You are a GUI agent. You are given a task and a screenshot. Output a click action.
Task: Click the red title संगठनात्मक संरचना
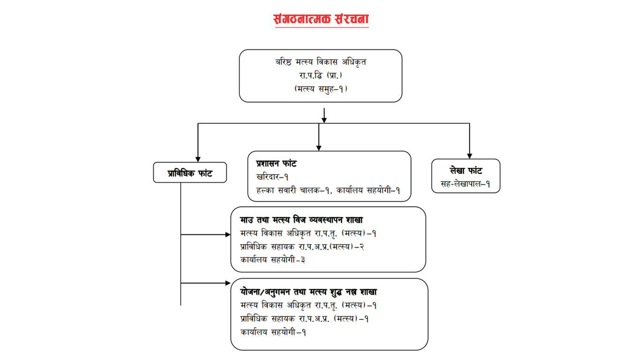point(321,19)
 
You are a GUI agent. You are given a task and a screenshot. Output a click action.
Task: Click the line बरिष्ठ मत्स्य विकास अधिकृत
point(320,62)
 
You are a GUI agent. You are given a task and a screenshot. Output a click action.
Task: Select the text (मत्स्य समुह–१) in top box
point(320,88)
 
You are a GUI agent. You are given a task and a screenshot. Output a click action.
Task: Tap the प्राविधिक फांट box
point(190,173)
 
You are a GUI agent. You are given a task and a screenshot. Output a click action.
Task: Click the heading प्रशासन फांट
point(276,164)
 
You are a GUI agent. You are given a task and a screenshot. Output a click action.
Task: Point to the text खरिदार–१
point(272,177)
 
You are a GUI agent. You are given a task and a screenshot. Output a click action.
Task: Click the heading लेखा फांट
point(466,171)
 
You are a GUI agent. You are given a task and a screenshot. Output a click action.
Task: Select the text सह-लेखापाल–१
point(465,184)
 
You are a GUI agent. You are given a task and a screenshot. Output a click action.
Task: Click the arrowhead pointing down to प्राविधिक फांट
point(198,159)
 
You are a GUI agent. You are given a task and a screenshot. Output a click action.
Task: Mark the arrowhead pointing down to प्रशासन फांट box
point(319,148)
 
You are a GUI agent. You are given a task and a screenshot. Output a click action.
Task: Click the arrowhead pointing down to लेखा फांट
point(469,156)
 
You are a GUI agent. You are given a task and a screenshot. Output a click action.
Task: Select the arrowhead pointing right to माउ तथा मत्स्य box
point(228,234)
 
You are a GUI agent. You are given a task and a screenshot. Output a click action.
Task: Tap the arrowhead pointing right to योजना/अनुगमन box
point(228,283)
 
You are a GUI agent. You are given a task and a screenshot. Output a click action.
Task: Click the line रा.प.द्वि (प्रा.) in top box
point(320,75)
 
